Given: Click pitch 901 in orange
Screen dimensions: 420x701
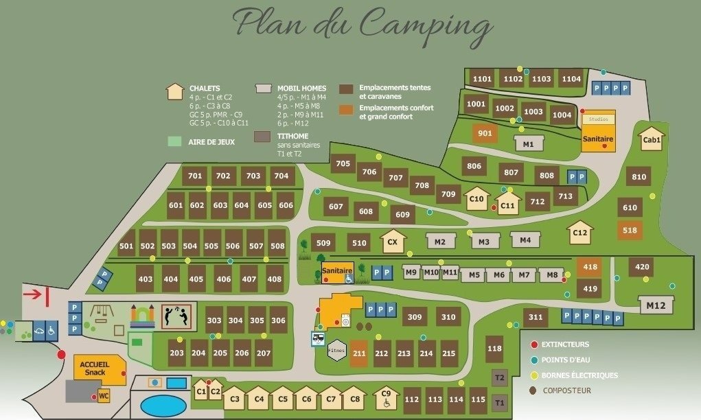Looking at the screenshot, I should click(485, 133).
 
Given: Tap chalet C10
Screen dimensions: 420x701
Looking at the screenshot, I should click(476, 200).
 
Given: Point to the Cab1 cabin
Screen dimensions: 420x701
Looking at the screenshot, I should click(651, 140).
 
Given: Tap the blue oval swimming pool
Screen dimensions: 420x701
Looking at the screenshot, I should click(163, 404).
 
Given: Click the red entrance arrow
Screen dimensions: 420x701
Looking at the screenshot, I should click(34, 294).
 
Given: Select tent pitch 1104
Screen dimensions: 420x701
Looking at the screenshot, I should click(571, 79).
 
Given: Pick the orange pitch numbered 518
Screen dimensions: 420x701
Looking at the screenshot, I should click(630, 231).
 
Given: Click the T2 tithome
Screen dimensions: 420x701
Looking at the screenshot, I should click(500, 377).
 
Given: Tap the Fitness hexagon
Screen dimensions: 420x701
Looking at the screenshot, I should click(336, 351).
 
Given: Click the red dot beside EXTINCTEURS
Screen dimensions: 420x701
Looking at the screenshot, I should click(534, 344).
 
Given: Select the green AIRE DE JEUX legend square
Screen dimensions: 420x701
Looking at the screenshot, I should click(175, 141).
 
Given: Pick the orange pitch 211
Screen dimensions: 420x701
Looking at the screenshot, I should click(359, 353).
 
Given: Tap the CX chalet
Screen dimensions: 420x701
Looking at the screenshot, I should click(393, 242).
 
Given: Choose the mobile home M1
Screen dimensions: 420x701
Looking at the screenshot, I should click(528, 144).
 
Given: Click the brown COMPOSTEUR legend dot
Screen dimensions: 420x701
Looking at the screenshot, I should click(533, 390).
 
